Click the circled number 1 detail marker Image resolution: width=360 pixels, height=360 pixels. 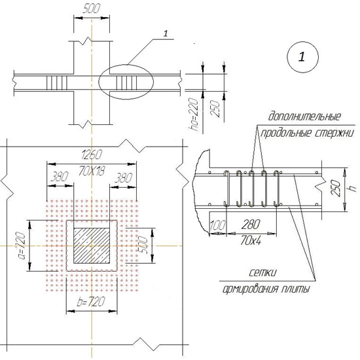(302, 57)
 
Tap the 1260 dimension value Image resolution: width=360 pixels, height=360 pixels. (92, 154)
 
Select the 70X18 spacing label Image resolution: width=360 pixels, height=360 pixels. (92, 171)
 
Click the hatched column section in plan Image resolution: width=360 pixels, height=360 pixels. (92, 245)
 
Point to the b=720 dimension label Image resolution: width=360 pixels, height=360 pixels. (91, 302)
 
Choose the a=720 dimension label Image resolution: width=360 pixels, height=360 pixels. (22, 245)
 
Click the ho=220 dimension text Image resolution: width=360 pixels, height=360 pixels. (194, 114)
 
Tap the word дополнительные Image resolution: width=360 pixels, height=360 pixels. (304, 117)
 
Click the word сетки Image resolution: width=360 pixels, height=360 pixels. (263, 273)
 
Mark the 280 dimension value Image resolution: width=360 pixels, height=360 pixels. (251, 225)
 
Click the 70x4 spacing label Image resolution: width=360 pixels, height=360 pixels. (251, 241)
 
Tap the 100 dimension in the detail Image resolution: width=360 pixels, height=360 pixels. (218, 225)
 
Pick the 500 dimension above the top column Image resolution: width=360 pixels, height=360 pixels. (92, 9)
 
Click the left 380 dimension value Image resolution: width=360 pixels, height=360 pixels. (60, 177)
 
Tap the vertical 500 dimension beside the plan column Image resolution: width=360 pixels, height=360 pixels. (143, 245)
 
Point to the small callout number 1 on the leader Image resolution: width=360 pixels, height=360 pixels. (166, 33)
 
